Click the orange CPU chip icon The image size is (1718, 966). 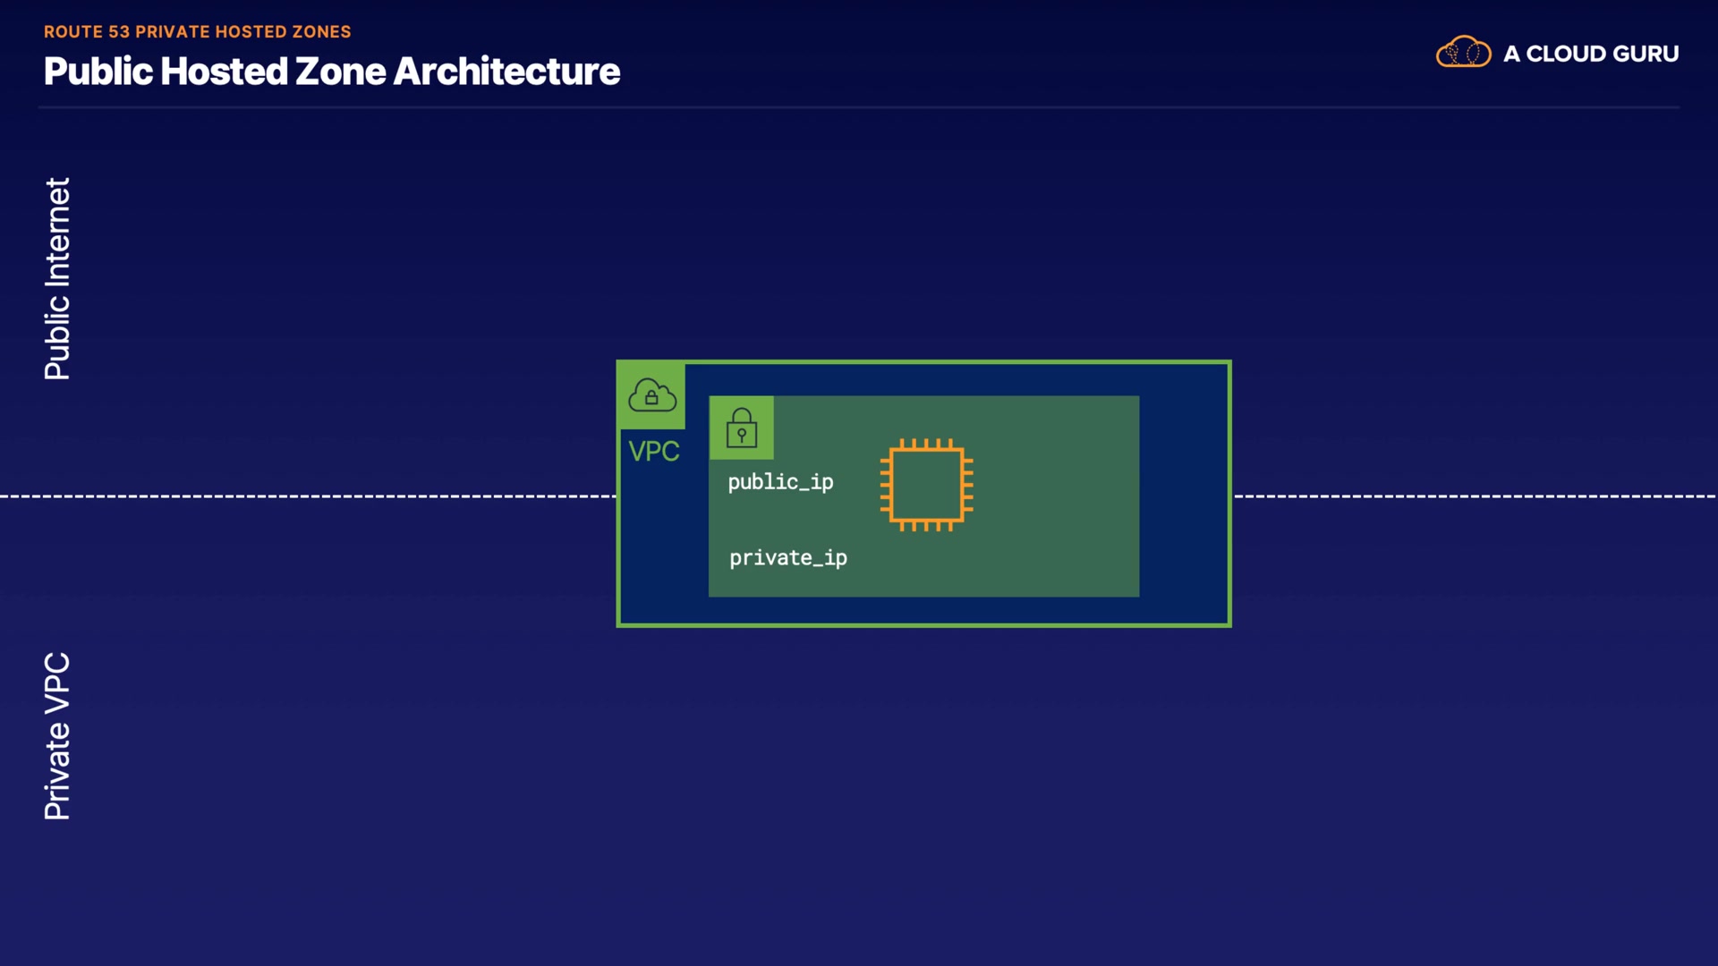point(927,485)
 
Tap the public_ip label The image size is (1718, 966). point(780,482)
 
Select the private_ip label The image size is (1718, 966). point(788,558)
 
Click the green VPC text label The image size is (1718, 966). point(654,452)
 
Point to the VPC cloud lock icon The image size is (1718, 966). point(652,395)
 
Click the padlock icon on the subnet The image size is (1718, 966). point(742,428)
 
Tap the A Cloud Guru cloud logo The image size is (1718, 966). point(1464,52)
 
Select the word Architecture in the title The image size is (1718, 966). point(506,72)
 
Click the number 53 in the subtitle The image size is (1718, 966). point(119,32)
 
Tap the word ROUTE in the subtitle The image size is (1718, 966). point(73,32)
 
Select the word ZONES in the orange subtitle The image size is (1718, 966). point(321,32)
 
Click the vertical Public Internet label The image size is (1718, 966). point(57,279)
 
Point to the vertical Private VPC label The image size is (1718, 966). point(57,736)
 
